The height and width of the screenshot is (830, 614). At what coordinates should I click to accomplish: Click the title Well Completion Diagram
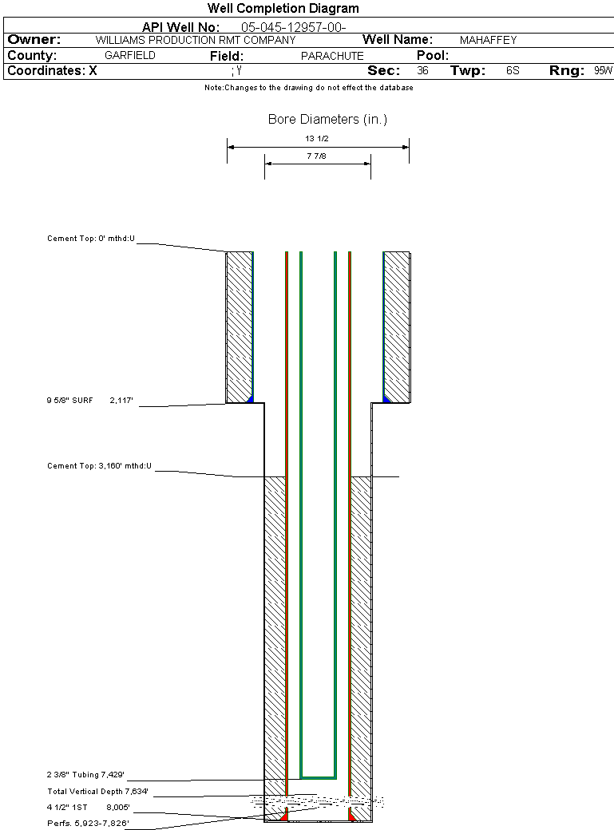click(x=283, y=8)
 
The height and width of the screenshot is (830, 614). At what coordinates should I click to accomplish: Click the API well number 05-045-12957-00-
click(x=294, y=27)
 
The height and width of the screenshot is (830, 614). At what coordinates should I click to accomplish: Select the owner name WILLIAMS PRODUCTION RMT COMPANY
click(x=196, y=40)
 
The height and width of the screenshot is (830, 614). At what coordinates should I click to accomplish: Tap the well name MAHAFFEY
click(x=488, y=40)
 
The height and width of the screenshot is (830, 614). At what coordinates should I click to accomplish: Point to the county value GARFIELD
click(x=130, y=56)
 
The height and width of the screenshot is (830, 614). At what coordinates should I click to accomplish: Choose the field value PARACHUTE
click(x=332, y=56)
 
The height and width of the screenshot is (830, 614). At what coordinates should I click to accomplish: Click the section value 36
click(x=422, y=70)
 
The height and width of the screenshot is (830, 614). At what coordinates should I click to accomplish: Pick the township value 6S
click(x=513, y=70)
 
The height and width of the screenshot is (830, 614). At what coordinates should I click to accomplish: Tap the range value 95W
click(x=603, y=70)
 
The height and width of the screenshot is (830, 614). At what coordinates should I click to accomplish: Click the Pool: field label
click(x=432, y=56)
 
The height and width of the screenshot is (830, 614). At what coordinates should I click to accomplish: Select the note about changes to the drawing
click(x=309, y=88)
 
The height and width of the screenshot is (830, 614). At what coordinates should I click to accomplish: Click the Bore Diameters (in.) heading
click(x=327, y=119)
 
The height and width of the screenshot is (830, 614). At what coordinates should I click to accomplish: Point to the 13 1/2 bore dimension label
click(x=317, y=139)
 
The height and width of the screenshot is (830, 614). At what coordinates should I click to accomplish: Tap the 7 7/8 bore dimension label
click(x=316, y=156)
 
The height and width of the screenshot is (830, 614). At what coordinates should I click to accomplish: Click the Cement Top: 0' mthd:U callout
click(x=90, y=239)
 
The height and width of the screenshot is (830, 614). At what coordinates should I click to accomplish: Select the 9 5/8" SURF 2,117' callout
click(x=89, y=401)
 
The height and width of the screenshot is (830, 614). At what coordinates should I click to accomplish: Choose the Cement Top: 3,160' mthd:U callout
click(x=99, y=466)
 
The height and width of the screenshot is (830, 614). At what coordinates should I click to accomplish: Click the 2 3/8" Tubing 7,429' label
click(x=85, y=775)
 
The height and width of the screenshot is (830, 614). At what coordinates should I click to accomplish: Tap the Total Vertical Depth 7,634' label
click(x=97, y=792)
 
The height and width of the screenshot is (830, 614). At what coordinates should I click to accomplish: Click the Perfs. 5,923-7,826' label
click(x=88, y=824)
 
